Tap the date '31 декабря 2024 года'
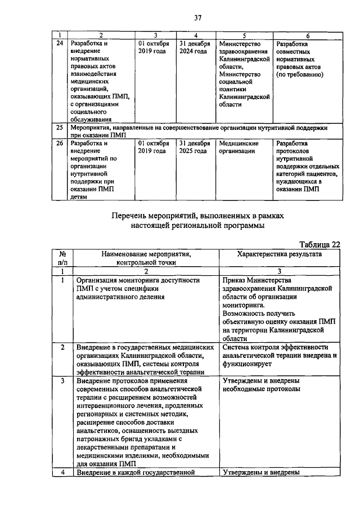194,47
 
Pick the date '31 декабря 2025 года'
194,147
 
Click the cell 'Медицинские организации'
239,147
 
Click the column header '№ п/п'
63,258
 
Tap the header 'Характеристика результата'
279,254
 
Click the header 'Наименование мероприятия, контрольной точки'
146,258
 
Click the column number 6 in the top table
308,35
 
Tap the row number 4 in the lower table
63,472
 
